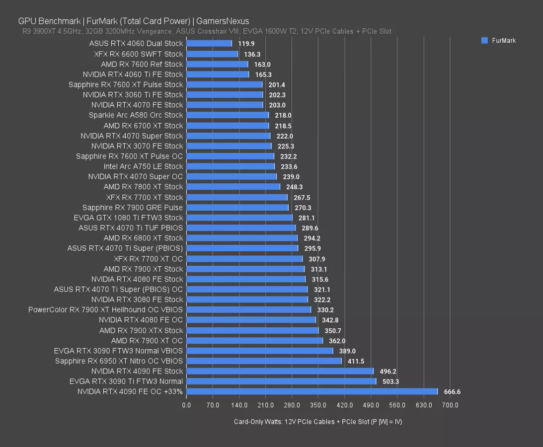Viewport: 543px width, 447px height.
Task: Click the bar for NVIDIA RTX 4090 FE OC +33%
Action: pyautogui.click(x=311, y=391)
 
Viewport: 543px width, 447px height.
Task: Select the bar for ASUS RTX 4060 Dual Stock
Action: pyautogui.click(x=209, y=44)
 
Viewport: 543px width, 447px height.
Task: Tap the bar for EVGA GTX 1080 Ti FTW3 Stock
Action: pyautogui.click(x=239, y=218)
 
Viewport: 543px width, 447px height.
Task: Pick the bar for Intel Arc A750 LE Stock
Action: pyautogui.click(x=230, y=166)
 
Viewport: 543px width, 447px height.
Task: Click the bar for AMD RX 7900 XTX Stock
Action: pyautogui.click(x=252, y=330)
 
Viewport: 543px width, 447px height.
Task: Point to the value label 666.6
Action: pyautogui.click(x=452, y=392)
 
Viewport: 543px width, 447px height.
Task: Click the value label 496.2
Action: pyautogui.click(x=388, y=371)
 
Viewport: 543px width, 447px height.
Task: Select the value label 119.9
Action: pyautogui.click(x=246, y=44)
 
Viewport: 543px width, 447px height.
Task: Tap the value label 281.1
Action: pyautogui.click(x=307, y=218)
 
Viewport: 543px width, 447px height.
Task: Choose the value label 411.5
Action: pyautogui.click(x=356, y=361)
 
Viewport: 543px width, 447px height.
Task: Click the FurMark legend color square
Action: pyautogui.click(x=484, y=40)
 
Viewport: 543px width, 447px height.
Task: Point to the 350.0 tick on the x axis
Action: pyautogui.click(x=318, y=405)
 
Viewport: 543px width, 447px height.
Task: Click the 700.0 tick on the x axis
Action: pyautogui.click(x=450, y=405)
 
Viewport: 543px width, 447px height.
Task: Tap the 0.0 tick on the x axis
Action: pyautogui.click(x=186, y=405)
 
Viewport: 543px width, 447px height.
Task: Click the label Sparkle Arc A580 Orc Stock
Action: pyautogui.click(x=136, y=115)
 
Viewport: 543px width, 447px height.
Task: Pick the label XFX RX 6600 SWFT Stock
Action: pyautogui.click(x=138, y=54)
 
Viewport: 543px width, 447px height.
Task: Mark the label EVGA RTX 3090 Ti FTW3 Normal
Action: pyautogui.click(x=126, y=381)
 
